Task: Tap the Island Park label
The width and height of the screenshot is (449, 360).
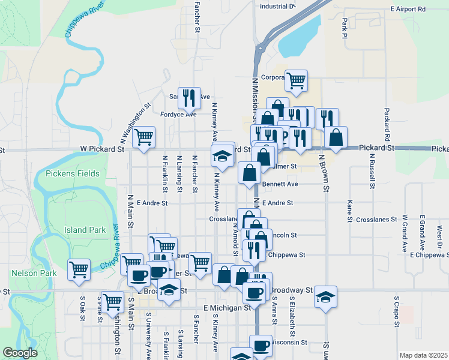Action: tap(85, 230)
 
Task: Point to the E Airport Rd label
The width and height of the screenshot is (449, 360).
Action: tap(407, 10)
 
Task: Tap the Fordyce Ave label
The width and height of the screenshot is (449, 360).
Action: tap(178, 113)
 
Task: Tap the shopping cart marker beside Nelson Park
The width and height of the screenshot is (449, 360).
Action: tap(79, 270)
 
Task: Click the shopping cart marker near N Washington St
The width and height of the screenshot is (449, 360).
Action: tap(143, 137)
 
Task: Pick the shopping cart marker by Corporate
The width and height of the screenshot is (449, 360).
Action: tap(297, 80)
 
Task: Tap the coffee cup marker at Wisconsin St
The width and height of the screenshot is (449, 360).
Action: tap(261, 346)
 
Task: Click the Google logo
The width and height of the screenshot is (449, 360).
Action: tap(20, 353)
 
